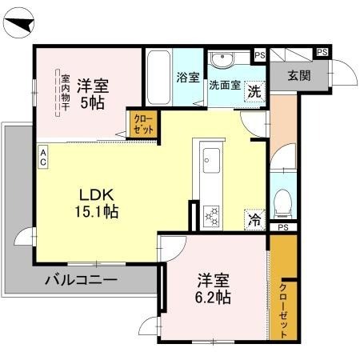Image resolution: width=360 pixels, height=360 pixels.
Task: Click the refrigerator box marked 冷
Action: tap(254, 217)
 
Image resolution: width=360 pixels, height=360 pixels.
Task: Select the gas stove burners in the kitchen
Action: tap(212, 215)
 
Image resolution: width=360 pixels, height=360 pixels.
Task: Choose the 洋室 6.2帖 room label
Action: tap(214, 290)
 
